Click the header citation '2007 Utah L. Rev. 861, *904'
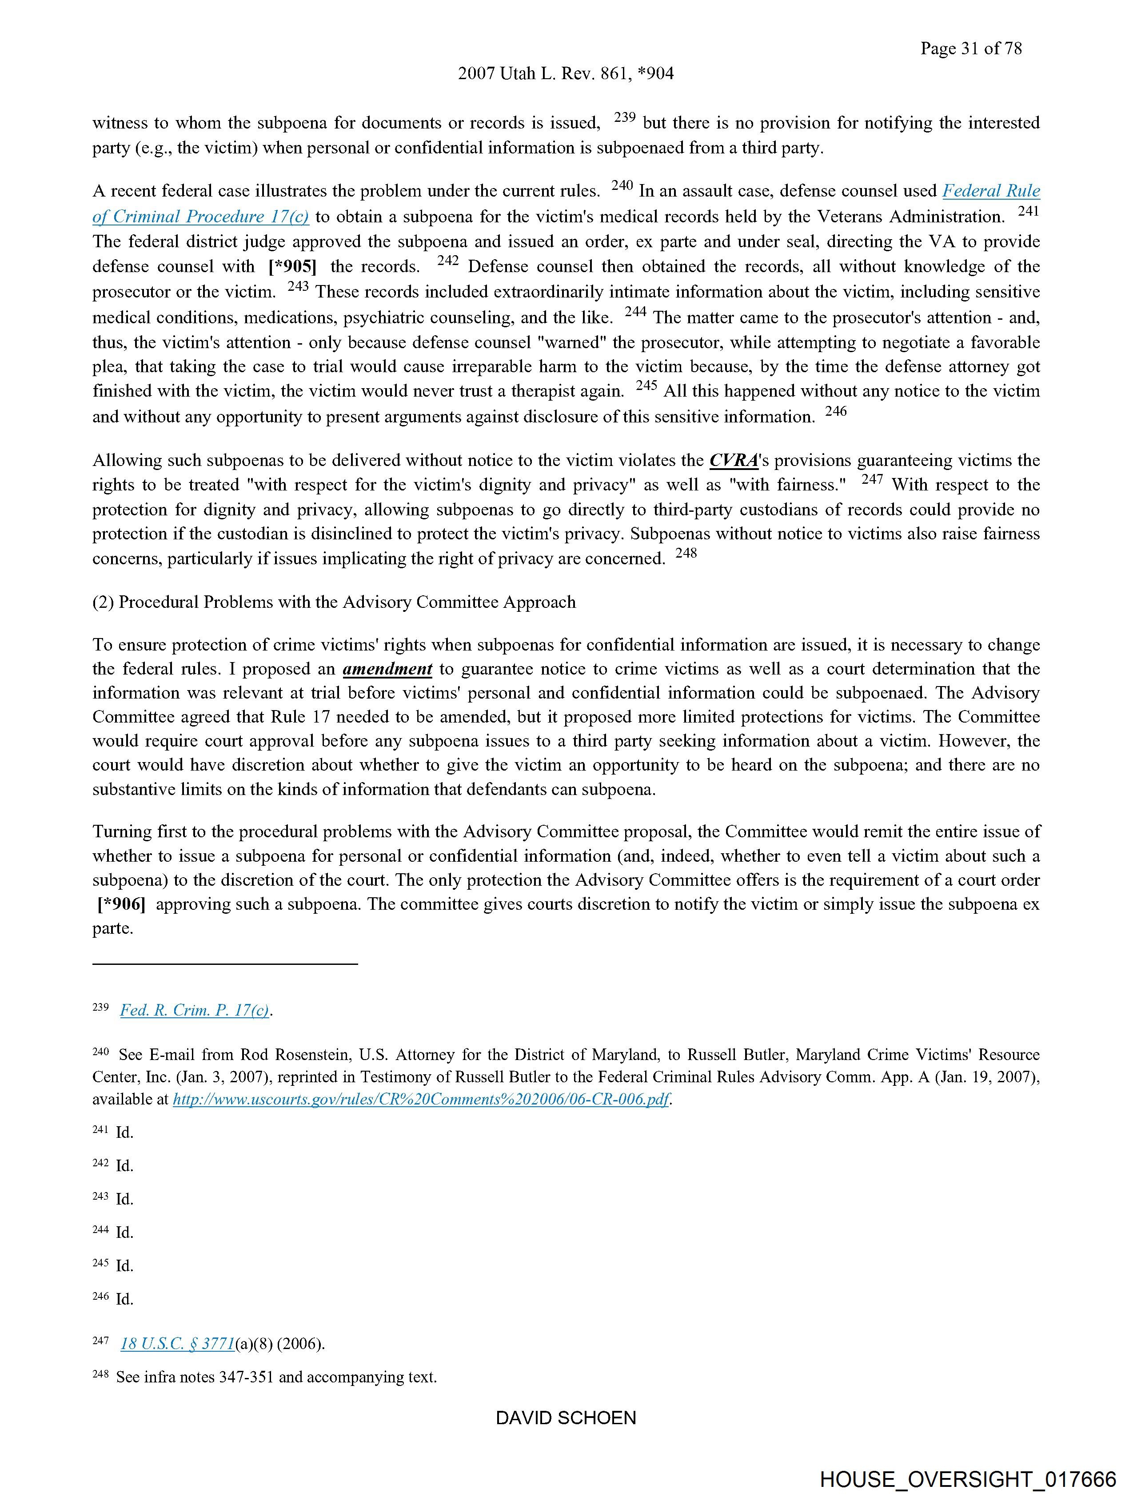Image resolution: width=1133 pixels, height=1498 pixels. click(x=566, y=74)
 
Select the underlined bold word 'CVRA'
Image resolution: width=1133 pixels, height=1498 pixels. click(x=734, y=461)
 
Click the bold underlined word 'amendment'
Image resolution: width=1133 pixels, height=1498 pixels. click(x=387, y=669)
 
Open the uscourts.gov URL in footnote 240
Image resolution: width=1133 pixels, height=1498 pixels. click(x=421, y=1099)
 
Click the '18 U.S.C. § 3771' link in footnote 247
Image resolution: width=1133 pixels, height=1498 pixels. click(x=177, y=1344)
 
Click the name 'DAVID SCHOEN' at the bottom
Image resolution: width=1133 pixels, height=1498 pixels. click(x=566, y=1418)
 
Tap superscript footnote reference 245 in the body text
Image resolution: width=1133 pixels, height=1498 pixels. click(x=646, y=386)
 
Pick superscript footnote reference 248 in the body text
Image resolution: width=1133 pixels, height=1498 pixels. click(x=686, y=553)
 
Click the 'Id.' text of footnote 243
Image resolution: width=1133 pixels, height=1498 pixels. click(x=124, y=1199)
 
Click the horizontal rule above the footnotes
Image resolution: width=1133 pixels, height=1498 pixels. click(x=225, y=963)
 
